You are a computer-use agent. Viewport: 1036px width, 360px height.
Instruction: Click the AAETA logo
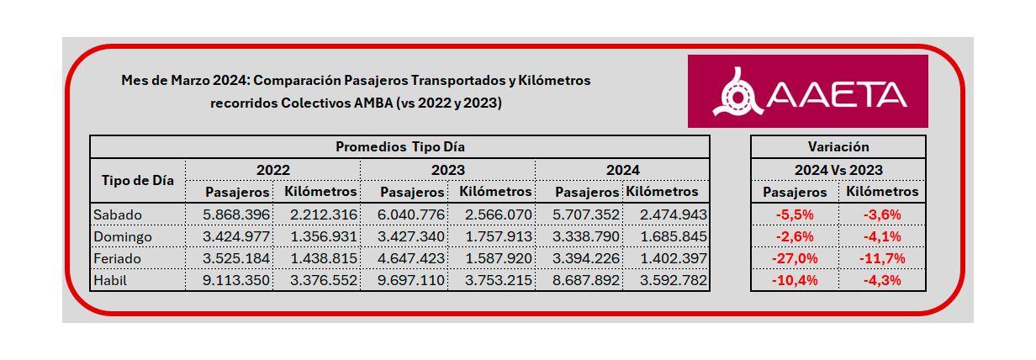click(807, 92)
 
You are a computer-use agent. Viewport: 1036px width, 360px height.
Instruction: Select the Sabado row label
click(118, 214)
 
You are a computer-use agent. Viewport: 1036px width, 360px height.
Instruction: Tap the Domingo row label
click(123, 236)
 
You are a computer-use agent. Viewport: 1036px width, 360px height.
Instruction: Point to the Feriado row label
click(119, 258)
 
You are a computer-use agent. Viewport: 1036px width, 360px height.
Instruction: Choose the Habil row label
click(111, 280)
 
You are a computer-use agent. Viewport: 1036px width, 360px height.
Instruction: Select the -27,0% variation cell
click(795, 258)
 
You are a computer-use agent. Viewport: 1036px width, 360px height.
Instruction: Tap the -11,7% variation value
click(881, 258)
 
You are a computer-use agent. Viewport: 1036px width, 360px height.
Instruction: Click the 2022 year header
click(273, 170)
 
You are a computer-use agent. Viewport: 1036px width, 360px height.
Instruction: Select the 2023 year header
click(448, 170)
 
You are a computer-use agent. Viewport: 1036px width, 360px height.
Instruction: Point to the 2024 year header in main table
click(623, 170)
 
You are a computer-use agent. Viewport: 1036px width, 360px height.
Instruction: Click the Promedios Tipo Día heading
click(400, 146)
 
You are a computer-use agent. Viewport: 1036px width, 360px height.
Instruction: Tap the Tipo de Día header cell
click(138, 180)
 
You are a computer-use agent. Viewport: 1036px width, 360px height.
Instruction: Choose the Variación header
click(838, 146)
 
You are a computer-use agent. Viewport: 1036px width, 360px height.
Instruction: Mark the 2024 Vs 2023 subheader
click(838, 170)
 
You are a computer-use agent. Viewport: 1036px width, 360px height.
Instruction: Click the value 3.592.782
click(667, 280)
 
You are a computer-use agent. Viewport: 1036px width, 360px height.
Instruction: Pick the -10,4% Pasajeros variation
click(795, 280)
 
